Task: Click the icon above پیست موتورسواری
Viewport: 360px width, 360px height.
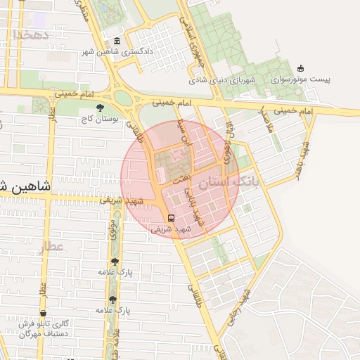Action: (301, 68)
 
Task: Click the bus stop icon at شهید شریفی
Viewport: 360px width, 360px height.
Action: (172, 217)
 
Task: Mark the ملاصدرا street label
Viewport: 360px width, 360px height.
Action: (266, 120)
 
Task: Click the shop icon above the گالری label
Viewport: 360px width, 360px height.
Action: (44, 314)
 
